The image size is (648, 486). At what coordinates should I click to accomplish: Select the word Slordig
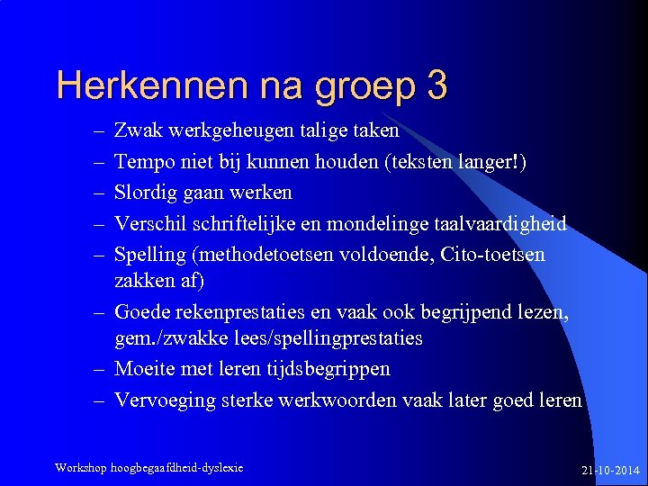click(145, 193)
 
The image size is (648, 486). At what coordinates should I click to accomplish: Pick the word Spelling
click(147, 254)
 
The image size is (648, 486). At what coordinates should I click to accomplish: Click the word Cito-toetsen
click(493, 254)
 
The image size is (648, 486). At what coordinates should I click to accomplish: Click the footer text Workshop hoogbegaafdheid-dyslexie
click(148, 468)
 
